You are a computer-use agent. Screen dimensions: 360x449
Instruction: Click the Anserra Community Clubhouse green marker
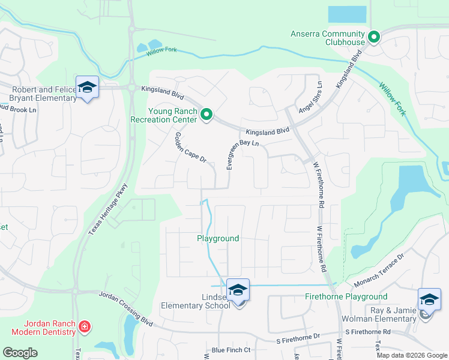373,38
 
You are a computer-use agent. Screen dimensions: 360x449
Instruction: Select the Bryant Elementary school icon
87,88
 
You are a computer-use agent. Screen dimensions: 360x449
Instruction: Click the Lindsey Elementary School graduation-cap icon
238,290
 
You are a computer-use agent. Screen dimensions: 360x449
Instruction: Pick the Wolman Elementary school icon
429,300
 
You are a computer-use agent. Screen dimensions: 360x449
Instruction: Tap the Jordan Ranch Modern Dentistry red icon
85,327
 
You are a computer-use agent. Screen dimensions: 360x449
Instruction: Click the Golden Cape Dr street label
191,149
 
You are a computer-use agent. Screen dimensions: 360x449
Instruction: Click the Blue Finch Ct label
231,350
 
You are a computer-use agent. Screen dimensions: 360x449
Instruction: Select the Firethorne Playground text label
346,296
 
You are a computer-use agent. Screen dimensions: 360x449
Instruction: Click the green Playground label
218,238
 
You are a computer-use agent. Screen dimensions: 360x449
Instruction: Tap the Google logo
20,352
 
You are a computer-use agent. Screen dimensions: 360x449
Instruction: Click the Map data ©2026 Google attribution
412,355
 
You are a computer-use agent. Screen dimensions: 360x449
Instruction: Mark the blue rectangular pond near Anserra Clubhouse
347,14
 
